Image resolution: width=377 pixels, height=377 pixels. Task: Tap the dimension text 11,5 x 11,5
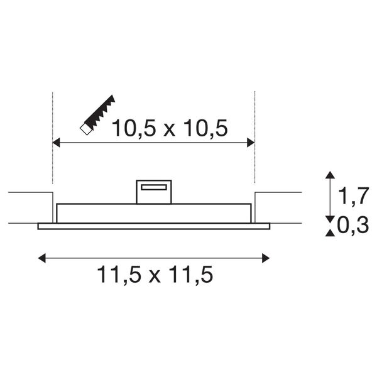tap(155, 275)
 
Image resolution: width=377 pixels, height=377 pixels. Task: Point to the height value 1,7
tap(352, 197)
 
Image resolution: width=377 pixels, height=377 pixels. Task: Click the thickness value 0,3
tap(352, 225)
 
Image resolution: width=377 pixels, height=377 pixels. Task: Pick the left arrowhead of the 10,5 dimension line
tap(56, 143)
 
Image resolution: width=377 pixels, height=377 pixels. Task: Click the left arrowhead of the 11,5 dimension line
tap(42, 257)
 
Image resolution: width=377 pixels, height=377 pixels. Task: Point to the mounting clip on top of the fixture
tap(154, 192)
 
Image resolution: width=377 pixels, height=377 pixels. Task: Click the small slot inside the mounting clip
tap(154, 187)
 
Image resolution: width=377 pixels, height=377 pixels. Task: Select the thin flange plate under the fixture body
tap(154, 226)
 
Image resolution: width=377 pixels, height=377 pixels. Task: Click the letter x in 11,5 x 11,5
tap(155, 276)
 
